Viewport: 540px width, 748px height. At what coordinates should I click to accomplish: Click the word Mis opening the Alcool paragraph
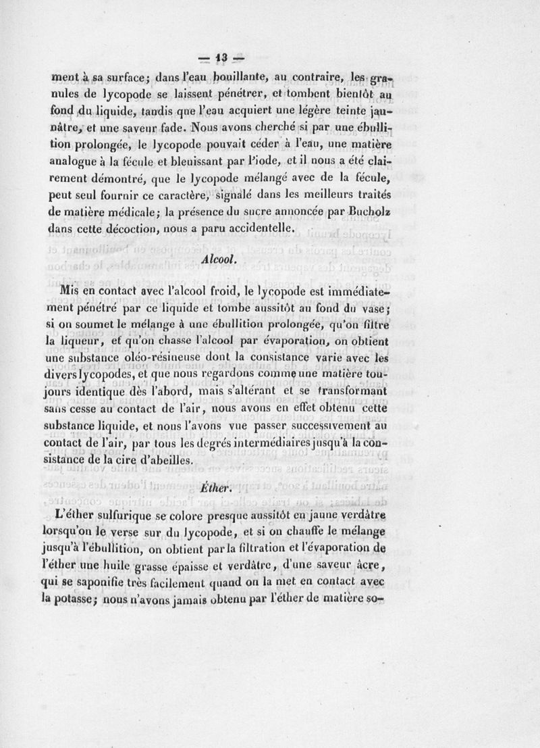click(x=70, y=291)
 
